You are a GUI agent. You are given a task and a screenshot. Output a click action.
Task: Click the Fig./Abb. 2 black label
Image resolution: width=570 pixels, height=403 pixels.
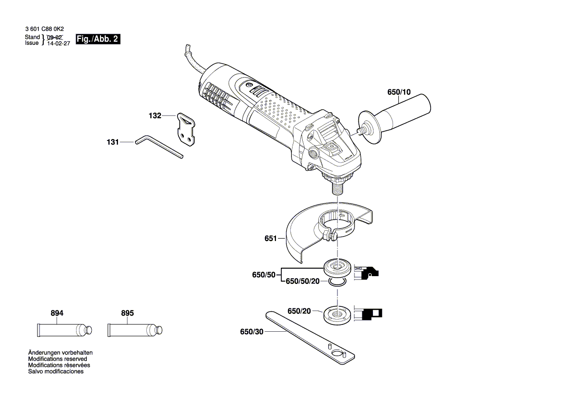point(98,40)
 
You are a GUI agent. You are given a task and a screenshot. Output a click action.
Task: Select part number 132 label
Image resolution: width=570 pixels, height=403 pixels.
point(155,116)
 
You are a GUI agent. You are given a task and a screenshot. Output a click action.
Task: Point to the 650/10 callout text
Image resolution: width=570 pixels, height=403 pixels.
point(399,91)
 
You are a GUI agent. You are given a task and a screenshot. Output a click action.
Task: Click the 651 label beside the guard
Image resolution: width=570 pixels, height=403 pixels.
point(270,239)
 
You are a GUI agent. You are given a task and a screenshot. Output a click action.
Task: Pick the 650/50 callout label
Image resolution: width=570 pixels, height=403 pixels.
point(263,275)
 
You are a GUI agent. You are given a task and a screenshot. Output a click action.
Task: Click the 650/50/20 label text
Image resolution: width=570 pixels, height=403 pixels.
point(302,282)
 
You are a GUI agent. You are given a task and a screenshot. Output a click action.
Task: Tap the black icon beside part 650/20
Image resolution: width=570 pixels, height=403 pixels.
point(370,313)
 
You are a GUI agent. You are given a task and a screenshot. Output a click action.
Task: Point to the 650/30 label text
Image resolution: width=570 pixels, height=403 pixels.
point(252,332)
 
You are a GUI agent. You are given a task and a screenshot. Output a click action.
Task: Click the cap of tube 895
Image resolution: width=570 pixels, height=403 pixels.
point(159,330)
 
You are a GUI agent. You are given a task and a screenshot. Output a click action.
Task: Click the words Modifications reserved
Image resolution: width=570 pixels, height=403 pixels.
point(58,359)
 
